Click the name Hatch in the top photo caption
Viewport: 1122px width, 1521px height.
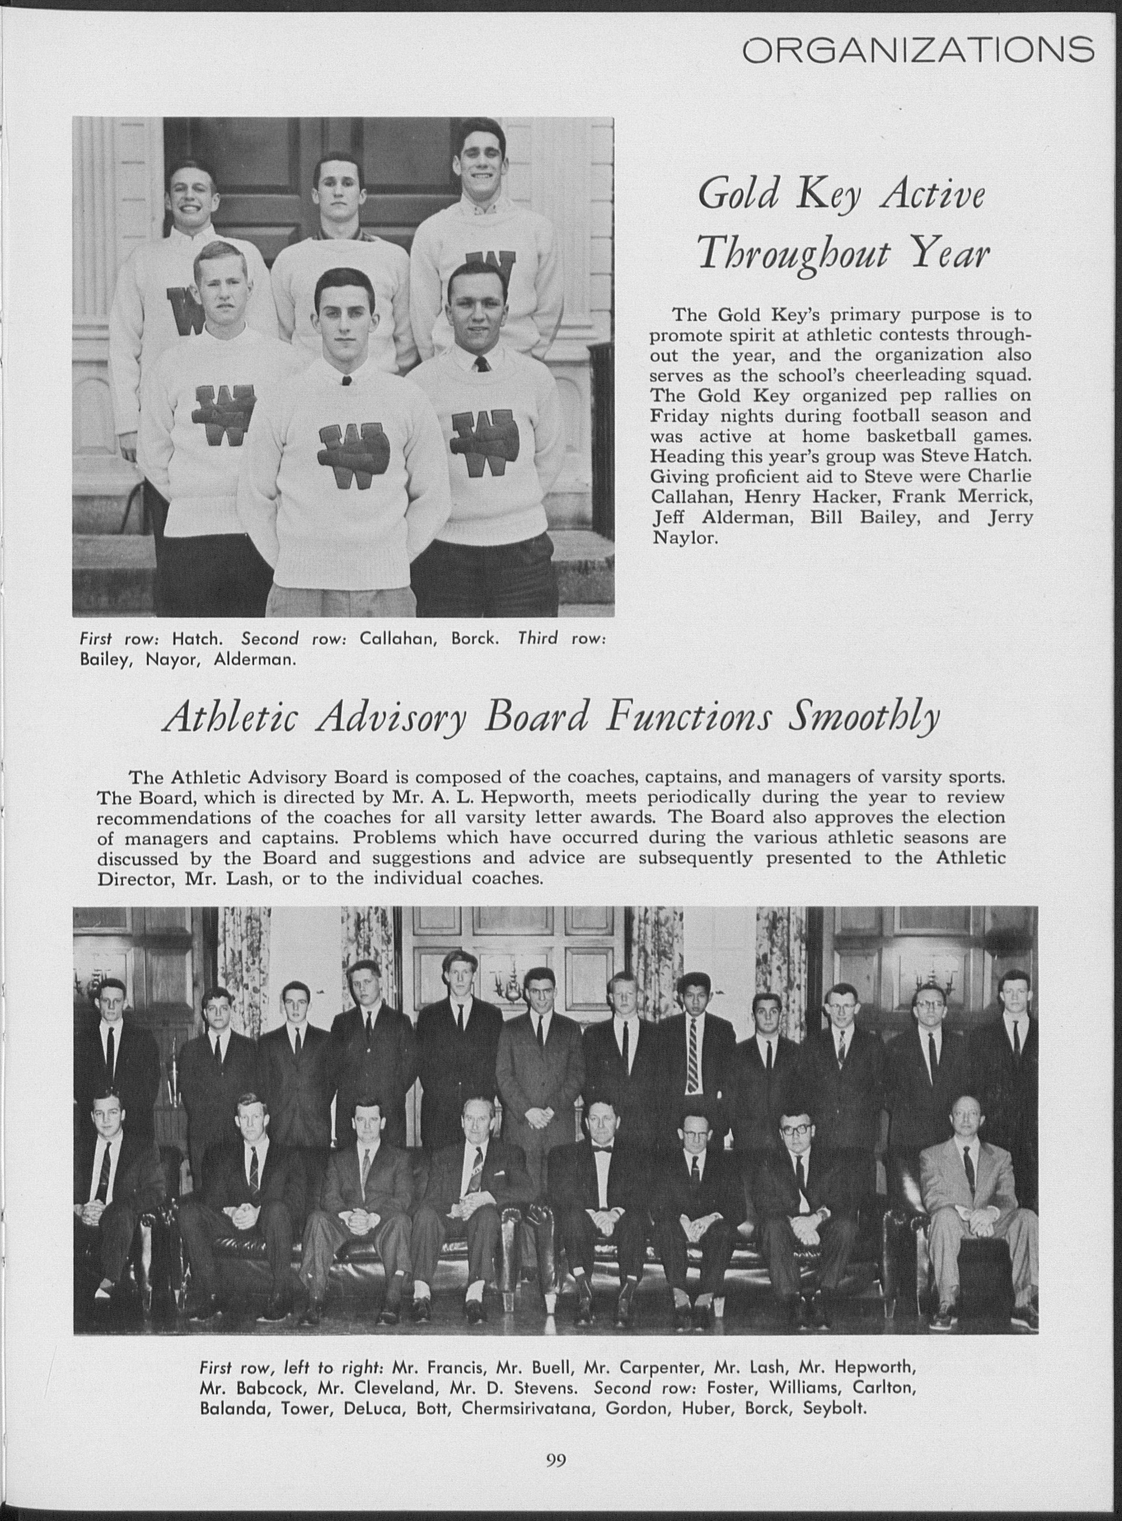pyautogui.click(x=197, y=639)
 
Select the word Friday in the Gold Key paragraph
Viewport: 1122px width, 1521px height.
pyautogui.click(x=680, y=415)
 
